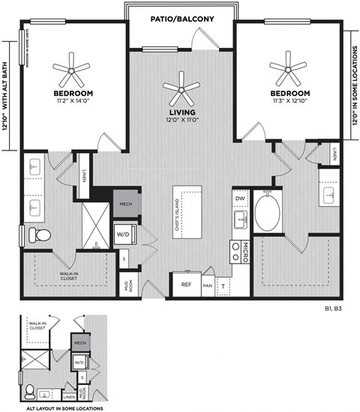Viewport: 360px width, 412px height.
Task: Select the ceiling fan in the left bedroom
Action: point(73,71)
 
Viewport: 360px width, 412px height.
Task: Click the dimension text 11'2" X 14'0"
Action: point(73,100)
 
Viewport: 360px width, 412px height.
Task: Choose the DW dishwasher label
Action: point(239,199)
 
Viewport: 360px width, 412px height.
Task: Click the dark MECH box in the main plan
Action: point(124,202)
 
